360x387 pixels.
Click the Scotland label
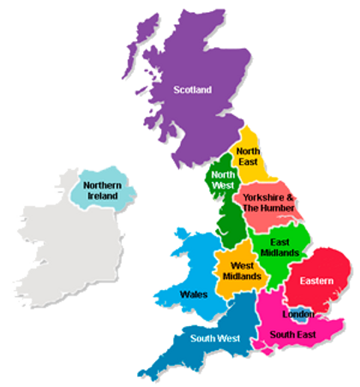tap(192, 88)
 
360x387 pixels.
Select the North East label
tap(249, 157)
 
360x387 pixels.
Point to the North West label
tap(224, 179)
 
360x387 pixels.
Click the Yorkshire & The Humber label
tap(268, 203)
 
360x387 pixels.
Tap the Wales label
tap(194, 294)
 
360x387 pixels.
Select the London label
tap(298, 314)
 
